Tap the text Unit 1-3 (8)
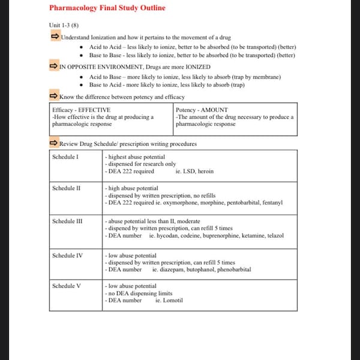pyautogui.click(x=64, y=25)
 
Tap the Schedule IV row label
pyautogui.click(x=67, y=256)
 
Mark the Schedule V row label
pyautogui.click(x=66, y=286)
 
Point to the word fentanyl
pyautogui.click(x=271, y=203)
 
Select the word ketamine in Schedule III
pyautogui.click(x=242, y=236)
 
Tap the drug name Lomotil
pyautogui.click(x=173, y=301)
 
